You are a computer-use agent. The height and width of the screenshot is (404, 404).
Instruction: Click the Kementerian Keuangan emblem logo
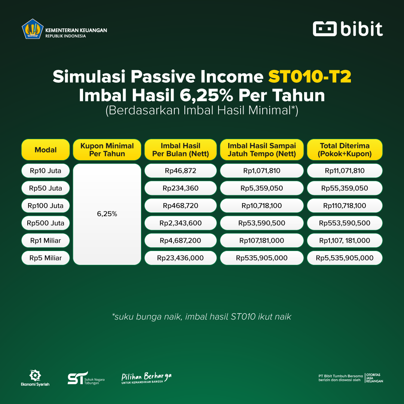(x=33, y=29)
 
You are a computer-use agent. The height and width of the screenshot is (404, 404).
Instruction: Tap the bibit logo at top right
(x=348, y=29)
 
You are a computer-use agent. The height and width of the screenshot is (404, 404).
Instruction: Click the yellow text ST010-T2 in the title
(x=310, y=77)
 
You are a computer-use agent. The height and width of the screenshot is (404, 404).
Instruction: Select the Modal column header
(x=46, y=150)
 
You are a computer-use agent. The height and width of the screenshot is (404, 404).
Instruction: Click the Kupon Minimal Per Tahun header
(x=107, y=150)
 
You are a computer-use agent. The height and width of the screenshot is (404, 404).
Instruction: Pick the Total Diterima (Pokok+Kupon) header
(x=345, y=150)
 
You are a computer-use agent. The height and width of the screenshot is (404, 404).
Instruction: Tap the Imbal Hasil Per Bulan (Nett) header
(x=181, y=150)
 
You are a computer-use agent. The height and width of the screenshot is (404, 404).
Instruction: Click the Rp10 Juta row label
(x=46, y=171)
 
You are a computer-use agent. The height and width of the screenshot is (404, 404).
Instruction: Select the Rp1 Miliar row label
(x=46, y=241)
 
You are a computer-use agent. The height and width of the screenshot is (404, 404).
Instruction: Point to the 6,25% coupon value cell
(x=107, y=214)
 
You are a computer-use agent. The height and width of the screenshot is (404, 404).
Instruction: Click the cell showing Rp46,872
(x=181, y=171)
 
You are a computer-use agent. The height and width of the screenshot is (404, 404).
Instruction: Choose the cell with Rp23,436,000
(x=181, y=258)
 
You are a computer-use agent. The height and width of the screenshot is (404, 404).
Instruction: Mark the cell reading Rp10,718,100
(x=261, y=206)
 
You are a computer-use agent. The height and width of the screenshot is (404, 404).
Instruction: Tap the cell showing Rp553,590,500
(x=345, y=223)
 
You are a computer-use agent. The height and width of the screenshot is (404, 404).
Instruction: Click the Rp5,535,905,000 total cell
(x=345, y=258)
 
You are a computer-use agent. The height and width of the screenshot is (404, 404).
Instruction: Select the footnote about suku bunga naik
(x=202, y=317)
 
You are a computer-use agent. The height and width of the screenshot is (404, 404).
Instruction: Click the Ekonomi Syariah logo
(x=35, y=378)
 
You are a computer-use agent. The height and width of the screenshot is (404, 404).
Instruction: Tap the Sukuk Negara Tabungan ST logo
(x=86, y=378)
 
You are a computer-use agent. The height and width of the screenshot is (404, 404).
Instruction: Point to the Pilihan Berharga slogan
(x=146, y=378)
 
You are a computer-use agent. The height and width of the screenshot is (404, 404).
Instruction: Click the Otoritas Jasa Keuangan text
(x=374, y=378)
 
